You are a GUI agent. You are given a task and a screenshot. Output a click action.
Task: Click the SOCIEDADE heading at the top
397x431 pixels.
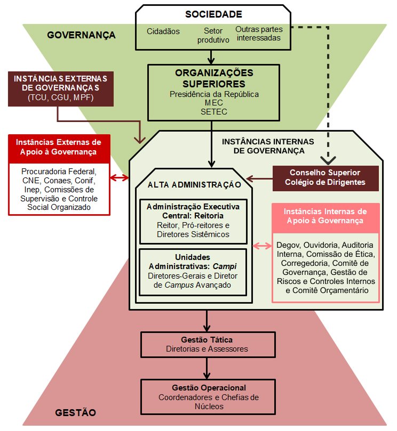213,14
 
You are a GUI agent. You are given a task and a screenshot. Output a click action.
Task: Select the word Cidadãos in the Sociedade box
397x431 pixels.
163,31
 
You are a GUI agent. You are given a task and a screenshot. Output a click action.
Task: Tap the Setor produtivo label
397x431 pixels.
213,35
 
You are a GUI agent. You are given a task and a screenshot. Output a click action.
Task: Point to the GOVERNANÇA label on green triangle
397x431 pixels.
81,36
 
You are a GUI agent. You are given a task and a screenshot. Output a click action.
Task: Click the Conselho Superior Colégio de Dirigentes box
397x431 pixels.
325,178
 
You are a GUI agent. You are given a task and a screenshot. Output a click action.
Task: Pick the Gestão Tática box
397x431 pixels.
206,344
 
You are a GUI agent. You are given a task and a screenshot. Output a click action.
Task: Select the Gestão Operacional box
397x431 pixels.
209,397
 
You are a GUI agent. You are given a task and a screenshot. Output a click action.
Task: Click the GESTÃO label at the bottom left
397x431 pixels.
76,412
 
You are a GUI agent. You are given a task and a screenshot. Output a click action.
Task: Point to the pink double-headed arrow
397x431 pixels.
262,246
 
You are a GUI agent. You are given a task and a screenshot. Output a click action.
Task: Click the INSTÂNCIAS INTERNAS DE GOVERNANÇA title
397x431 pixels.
263,146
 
